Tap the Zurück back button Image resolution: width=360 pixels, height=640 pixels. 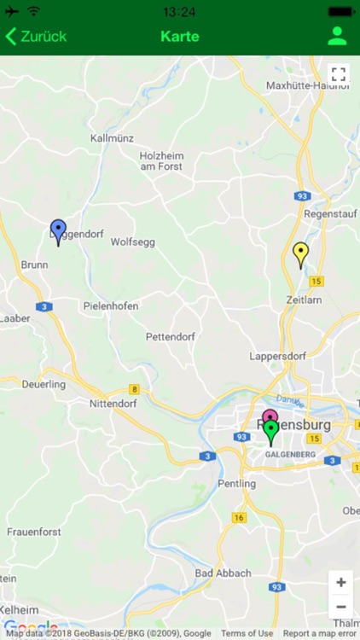[x=37, y=37]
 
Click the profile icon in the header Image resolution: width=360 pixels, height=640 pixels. [x=337, y=36]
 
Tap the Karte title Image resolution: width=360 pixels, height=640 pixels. [x=180, y=37]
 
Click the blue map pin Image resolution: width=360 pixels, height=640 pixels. [x=58, y=230]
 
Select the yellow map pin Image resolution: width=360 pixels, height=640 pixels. [x=300, y=253]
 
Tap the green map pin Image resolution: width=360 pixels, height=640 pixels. [x=271, y=431]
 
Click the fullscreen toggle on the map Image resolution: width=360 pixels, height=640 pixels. [x=338, y=74]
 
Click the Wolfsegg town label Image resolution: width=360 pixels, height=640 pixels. [x=133, y=242]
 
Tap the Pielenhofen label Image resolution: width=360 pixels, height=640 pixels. [x=111, y=305]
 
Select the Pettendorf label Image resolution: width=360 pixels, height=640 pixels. [x=171, y=336]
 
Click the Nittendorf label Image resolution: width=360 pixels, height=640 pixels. [x=113, y=403]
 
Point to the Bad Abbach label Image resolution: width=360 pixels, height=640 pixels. [x=223, y=573]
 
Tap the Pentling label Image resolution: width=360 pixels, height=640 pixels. [x=236, y=483]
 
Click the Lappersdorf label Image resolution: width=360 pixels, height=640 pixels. [x=277, y=356]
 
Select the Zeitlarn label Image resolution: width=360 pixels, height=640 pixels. [x=305, y=300]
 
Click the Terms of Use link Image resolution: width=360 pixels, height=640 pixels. [x=247, y=633]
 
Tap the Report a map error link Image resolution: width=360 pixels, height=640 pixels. [x=320, y=633]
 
